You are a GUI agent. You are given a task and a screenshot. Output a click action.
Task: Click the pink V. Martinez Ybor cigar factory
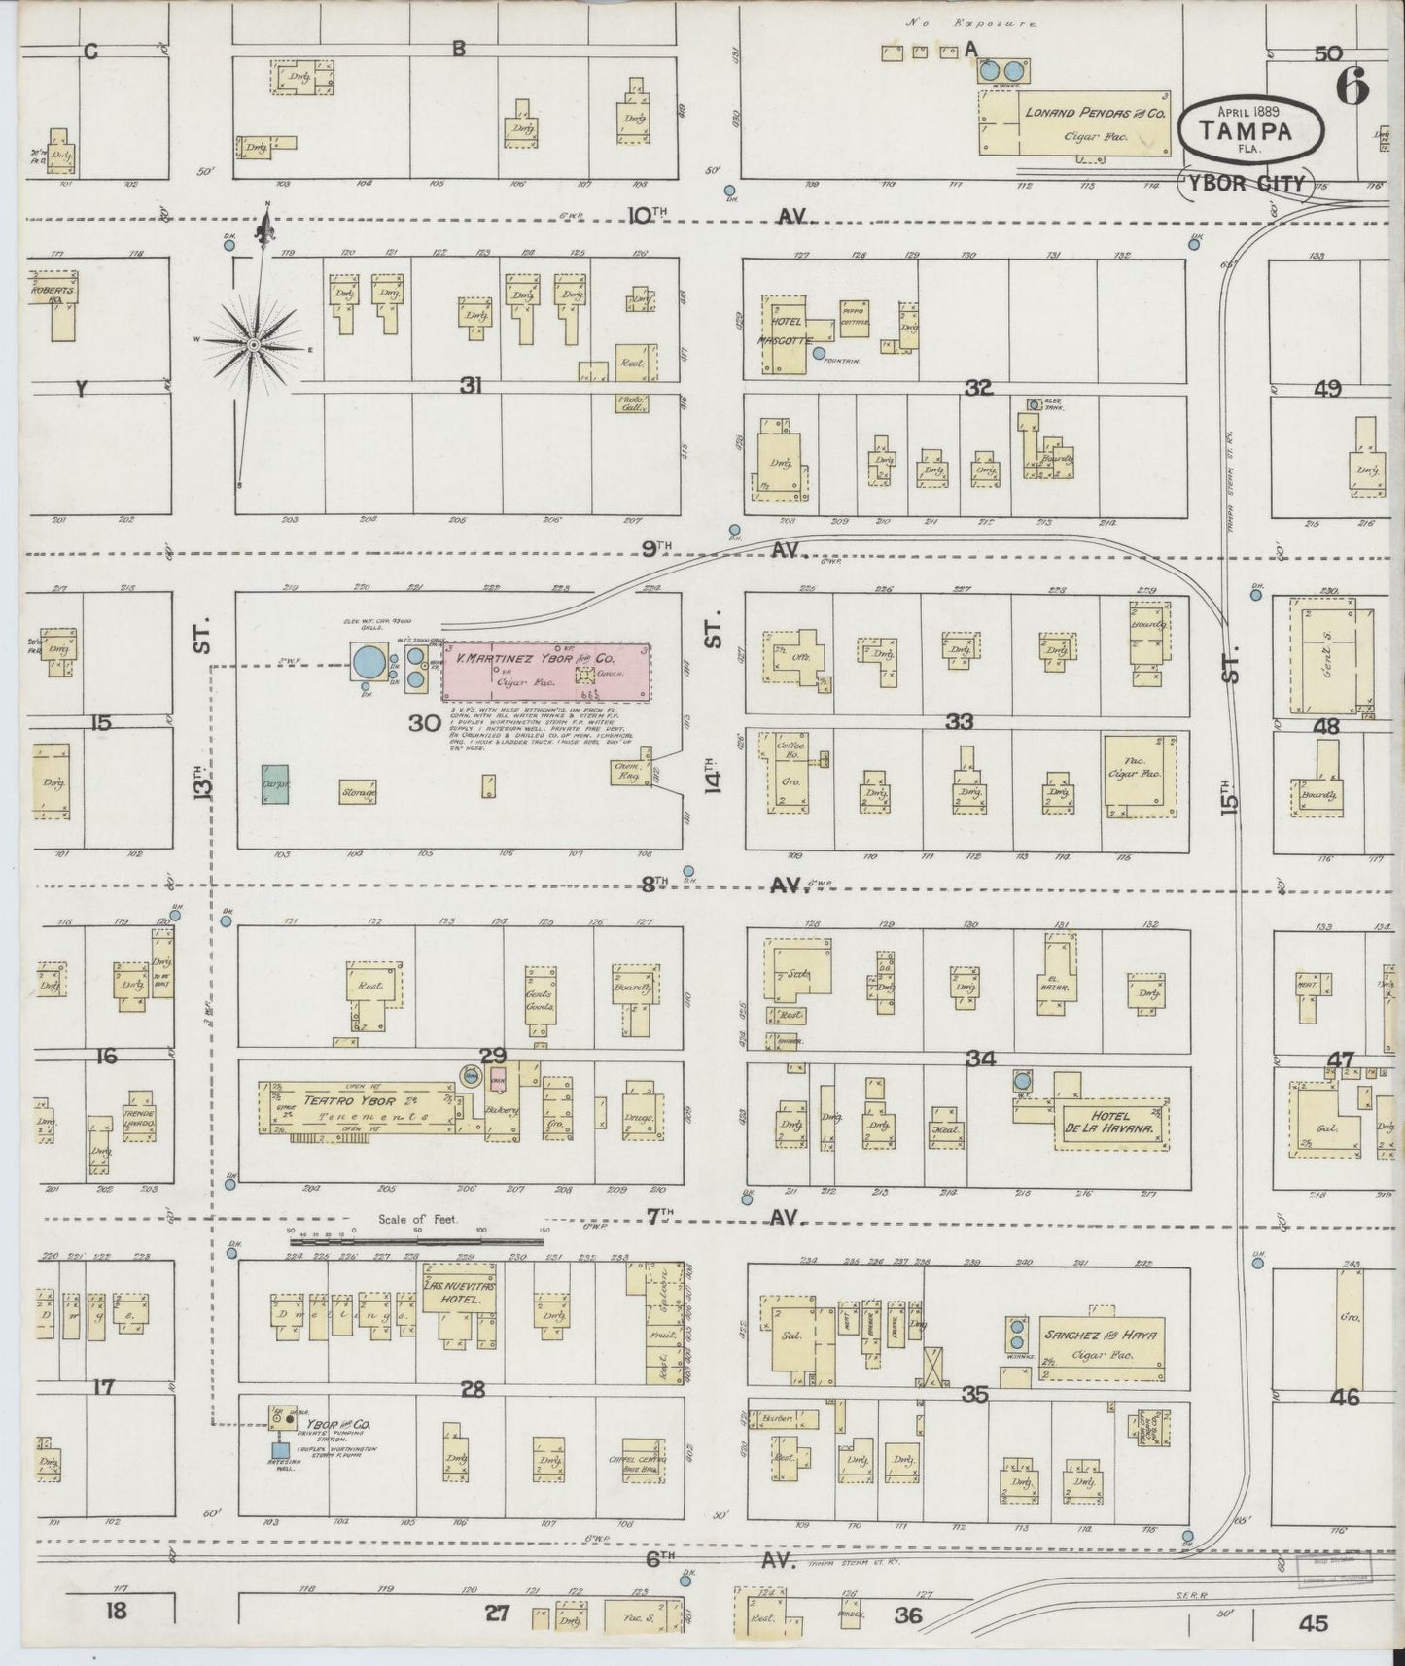click(x=546, y=671)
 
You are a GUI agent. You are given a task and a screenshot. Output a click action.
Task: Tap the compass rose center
click(x=253, y=344)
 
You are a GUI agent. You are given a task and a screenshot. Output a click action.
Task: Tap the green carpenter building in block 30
click(x=275, y=783)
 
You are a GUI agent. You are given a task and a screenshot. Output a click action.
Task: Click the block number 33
click(x=959, y=722)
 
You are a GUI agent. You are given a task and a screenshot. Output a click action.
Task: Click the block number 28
click(x=473, y=1390)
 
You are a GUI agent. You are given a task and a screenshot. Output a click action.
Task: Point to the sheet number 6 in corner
click(x=1352, y=87)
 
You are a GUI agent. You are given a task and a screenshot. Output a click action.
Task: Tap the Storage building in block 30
click(x=358, y=792)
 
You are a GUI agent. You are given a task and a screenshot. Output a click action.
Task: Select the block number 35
click(x=974, y=1395)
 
